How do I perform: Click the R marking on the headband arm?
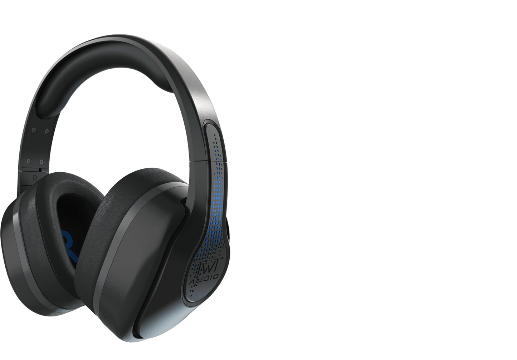pyautogui.click(x=34, y=179)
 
